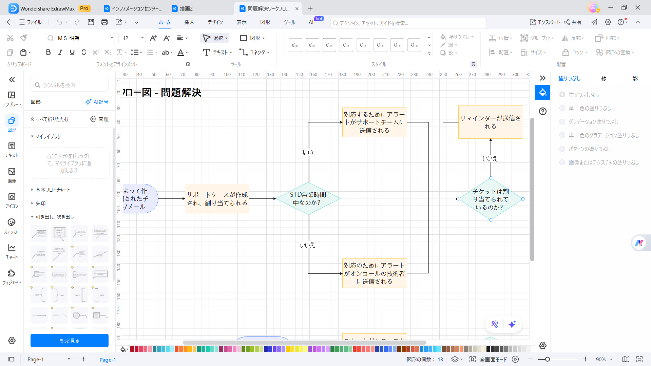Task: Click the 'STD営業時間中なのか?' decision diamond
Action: (x=308, y=199)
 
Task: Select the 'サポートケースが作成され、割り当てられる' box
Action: (x=217, y=199)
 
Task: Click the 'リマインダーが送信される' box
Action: (x=490, y=122)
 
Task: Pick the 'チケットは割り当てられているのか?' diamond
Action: (x=490, y=199)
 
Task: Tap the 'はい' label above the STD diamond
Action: (x=308, y=153)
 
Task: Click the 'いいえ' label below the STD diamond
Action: (x=307, y=245)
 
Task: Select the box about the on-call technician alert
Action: (x=374, y=273)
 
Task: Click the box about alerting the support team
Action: (x=374, y=122)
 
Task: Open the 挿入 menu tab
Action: (x=189, y=22)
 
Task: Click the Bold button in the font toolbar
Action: (x=48, y=52)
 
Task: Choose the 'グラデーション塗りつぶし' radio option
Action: (x=562, y=122)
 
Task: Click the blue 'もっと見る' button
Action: (x=70, y=341)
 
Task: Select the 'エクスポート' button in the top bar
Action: (x=545, y=22)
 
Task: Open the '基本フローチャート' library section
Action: (x=53, y=190)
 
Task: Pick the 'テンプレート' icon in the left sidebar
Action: (x=12, y=98)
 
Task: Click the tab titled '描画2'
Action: (x=186, y=8)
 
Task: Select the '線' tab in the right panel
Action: (x=604, y=78)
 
